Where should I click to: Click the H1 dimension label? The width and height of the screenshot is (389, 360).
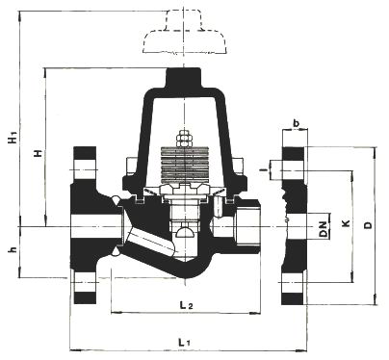point(13,139)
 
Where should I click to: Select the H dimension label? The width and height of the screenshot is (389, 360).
point(39,153)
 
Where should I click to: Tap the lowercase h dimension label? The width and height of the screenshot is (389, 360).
point(13,249)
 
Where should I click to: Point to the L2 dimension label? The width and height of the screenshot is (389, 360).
point(186,305)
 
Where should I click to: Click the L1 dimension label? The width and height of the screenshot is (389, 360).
point(184,342)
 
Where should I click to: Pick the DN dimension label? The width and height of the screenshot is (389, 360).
point(324,229)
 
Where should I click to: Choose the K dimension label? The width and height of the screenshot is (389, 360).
point(346,223)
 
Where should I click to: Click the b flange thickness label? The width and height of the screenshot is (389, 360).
point(297,122)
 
